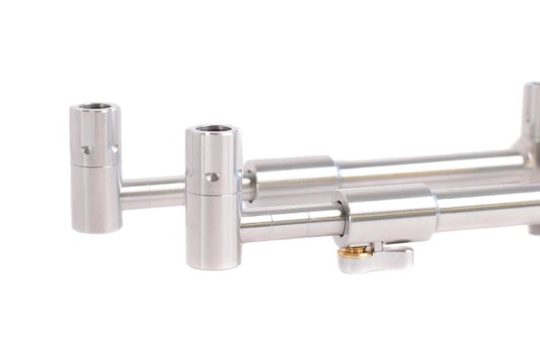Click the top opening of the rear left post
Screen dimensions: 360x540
pos(94,108)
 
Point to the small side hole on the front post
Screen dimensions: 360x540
pos(211,177)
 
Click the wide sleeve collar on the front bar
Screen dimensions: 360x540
pos(387,216)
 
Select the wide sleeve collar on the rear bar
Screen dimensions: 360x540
pos(290,174)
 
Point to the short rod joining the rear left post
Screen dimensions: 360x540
pos(153,193)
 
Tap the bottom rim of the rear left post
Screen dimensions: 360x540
pos(94,229)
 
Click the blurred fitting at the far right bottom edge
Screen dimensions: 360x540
pos(535,229)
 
